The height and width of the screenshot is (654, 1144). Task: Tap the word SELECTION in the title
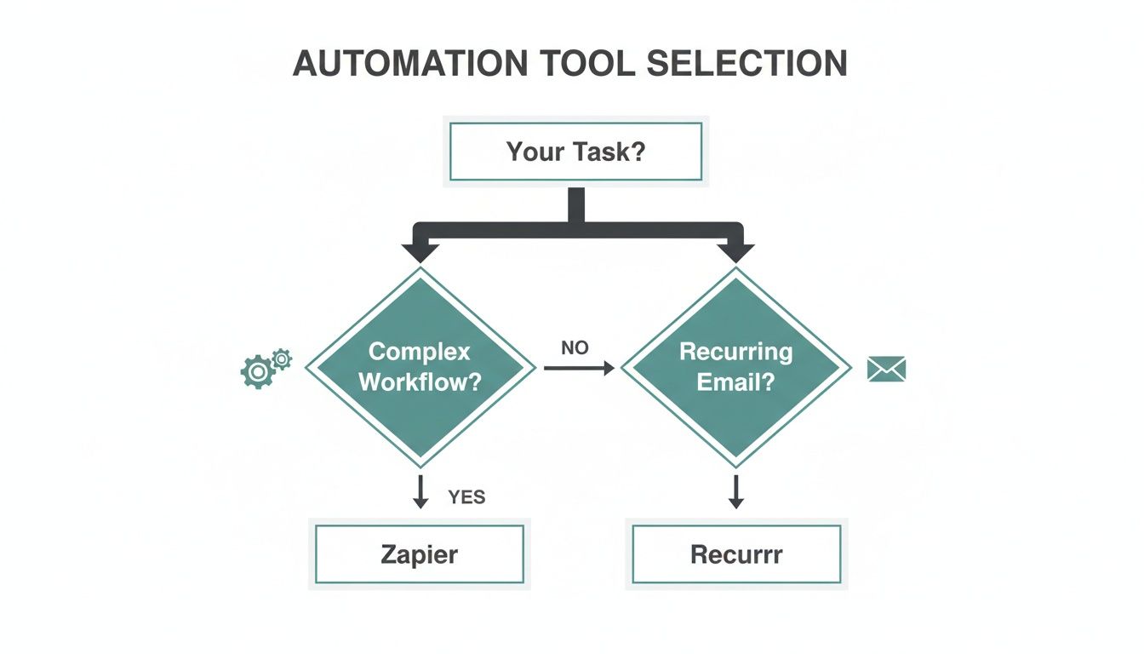[746, 65]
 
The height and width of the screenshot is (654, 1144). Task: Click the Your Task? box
[575, 152]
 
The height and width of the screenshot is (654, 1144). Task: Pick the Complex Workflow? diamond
[420, 367]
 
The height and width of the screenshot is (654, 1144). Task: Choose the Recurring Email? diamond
[735, 367]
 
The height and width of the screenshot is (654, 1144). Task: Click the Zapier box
[419, 554]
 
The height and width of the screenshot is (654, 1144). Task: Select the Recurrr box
[736, 554]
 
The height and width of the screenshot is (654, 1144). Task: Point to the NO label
[575, 347]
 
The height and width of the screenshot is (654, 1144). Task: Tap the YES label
[466, 497]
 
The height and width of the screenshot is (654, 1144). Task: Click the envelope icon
[886, 369]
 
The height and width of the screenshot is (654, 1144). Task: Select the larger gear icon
[256, 372]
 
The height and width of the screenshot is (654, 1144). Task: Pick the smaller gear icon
[281, 359]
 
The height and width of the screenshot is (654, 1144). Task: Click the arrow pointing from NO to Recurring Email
[579, 369]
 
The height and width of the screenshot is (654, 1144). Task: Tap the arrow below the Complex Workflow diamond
[420, 491]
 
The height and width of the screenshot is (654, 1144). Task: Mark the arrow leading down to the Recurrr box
[736, 491]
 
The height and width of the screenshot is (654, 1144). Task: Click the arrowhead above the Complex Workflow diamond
[420, 251]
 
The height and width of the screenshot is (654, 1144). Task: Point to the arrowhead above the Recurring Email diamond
[736, 251]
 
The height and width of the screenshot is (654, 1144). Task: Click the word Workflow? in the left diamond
[420, 381]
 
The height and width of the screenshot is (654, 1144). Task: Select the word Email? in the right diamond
[735, 381]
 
